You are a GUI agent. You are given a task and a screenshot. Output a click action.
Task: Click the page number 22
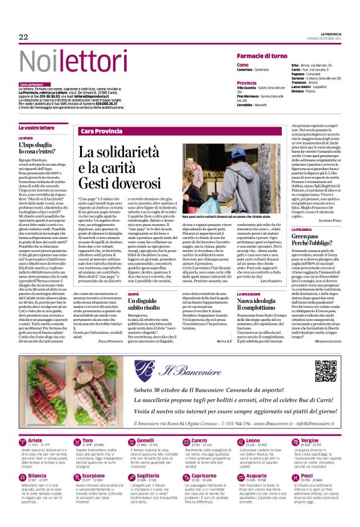tap(24, 37)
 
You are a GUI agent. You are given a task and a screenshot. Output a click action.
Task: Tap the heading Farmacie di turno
tap(261, 56)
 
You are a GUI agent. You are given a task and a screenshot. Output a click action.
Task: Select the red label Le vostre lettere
tap(37, 127)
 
